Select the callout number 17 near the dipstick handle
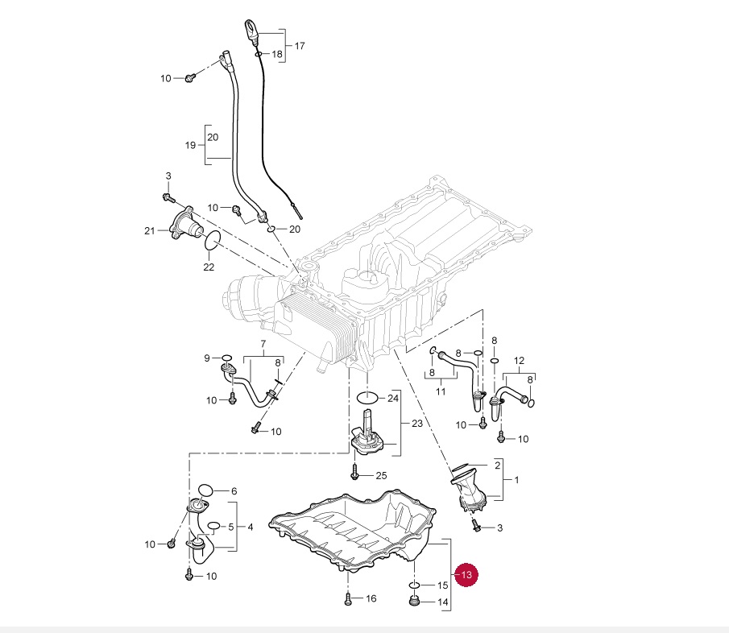[x=300, y=46]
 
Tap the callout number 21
[x=149, y=232]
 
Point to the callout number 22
[x=209, y=267]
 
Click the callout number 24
[x=393, y=398]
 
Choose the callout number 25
[x=381, y=475]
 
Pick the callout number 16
[x=371, y=598]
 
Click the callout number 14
[x=442, y=602]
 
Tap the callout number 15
[x=442, y=585]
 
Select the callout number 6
[x=234, y=491]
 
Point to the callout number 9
[x=206, y=358]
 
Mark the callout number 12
[x=519, y=360]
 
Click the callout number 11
[x=441, y=391]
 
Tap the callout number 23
[x=416, y=423]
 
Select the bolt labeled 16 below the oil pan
[x=347, y=598]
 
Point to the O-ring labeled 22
[x=213, y=239]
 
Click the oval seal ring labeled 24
[x=367, y=397]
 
